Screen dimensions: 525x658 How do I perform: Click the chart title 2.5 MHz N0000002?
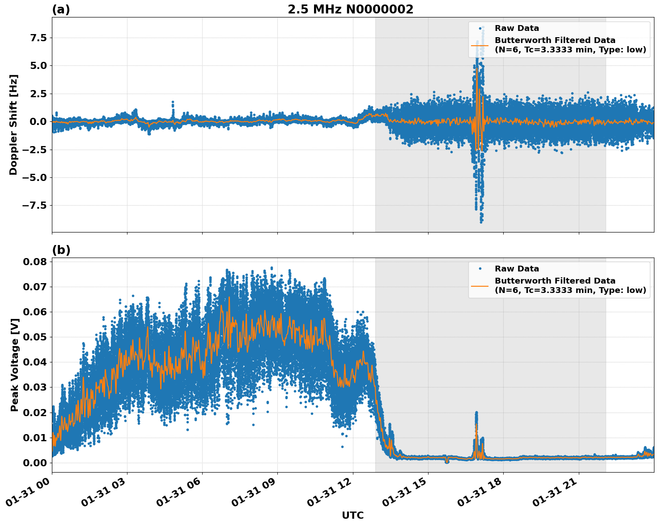pos(350,9)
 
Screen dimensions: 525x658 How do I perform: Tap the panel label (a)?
pos(61,9)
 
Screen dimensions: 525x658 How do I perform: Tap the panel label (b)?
pos(61,250)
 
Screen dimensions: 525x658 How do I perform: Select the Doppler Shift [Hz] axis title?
pos(13,125)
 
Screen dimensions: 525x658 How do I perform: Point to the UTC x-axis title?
pos(352,515)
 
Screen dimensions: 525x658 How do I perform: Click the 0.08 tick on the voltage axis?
pos(34,262)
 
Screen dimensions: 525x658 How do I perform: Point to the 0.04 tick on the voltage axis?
pos(34,362)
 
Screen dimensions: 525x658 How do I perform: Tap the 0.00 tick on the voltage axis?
pos(34,463)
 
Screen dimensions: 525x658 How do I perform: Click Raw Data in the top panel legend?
pos(517,29)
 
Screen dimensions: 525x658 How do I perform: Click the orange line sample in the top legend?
pos(480,45)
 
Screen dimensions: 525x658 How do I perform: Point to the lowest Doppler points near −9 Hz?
pos(481,221)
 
